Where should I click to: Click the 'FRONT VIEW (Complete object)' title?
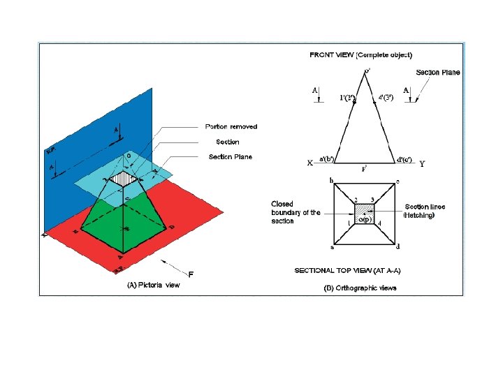[360, 54]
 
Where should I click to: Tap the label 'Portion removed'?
[231, 126]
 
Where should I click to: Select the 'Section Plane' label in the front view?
[437, 73]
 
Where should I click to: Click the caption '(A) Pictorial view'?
[153, 285]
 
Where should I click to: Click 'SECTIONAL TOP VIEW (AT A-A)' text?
[351, 270]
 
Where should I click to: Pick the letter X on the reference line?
[310, 163]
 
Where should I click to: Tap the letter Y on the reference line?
[422, 164]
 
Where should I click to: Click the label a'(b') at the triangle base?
[328, 159]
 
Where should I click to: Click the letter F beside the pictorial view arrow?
[190, 273]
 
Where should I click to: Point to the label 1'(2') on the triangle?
[347, 97]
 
